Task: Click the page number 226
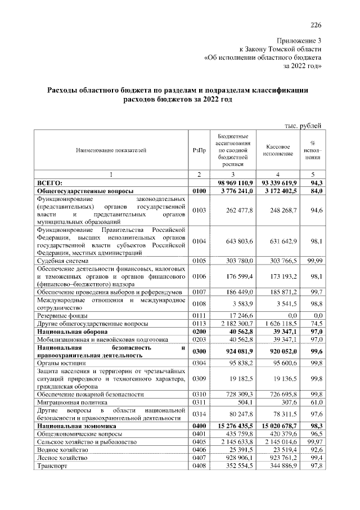316,24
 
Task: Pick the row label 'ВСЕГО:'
50,183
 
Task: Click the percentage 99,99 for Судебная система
312,261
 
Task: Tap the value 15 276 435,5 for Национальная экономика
233,427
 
